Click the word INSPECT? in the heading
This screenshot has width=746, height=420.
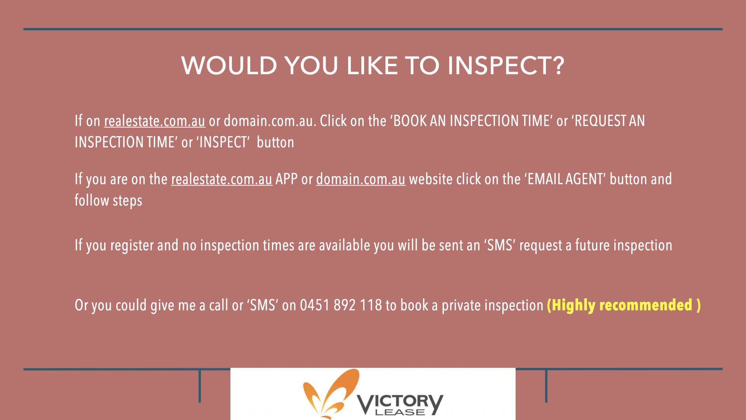coord(505,65)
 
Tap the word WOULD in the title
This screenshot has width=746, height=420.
coord(229,65)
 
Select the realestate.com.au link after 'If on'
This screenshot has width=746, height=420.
coord(154,121)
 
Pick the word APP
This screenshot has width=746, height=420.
coord(287,179)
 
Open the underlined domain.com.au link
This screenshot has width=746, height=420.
coord(361,179)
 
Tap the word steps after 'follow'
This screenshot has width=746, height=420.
coord(127,201)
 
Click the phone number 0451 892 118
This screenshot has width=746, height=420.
coord(341,305)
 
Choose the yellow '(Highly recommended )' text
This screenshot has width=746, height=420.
coord(624,305)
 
